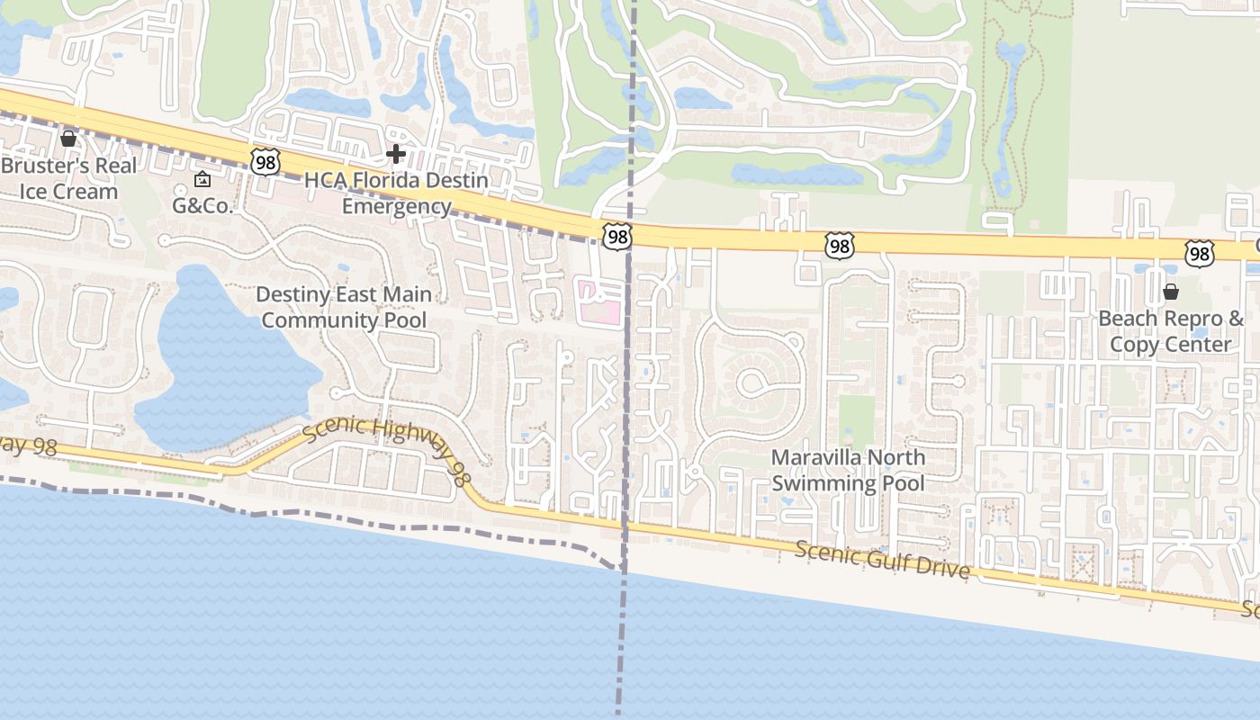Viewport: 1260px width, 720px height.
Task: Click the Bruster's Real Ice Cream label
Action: tap(69, 178)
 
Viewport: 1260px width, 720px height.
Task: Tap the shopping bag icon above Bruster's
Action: tap(68, 138)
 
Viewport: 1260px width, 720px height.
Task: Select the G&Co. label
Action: tap(202, 205)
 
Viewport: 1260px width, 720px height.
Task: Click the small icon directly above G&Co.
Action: tap(202, 179)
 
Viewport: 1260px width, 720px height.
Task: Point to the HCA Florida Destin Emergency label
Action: tap(396, 193)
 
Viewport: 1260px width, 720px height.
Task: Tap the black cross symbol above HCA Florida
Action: tap(395, 154)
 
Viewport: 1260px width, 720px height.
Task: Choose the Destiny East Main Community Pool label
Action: tap(344, 307)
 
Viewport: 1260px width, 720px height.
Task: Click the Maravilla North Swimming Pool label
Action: tap(848, 470)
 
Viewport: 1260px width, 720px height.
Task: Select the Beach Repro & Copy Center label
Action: tap(1171, 331)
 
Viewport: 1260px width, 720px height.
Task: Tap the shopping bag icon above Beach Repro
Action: tap(1171, 292)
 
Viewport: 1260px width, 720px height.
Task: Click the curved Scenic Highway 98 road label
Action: tap(385, 441)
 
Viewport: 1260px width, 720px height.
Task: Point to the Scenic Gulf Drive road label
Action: tap(882, 558)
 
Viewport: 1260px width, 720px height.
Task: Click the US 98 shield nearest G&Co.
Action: tap(266, 162)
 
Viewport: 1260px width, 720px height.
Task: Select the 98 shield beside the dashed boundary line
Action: tap(617, 237)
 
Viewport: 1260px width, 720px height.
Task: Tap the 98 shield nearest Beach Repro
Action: tap(1199, 254)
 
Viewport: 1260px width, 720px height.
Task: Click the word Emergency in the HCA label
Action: tap(396, 206)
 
